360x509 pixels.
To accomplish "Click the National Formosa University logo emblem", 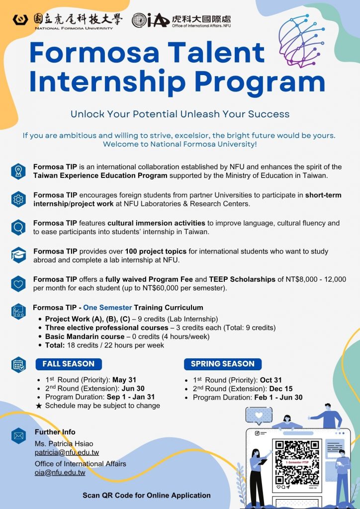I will (x=21, y=20).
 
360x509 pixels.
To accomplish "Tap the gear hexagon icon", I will (x=18, y=199).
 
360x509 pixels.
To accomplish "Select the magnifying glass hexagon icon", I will (x=18, y=227).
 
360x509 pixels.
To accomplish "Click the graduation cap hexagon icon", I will (x=18, y=255).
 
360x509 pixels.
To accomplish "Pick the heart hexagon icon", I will (x=18, y=284).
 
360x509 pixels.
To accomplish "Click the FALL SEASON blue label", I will (x=69, y=364).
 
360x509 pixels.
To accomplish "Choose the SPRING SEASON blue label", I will (x=222, y=364).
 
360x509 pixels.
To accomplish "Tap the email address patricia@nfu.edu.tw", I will (x=60, y=452).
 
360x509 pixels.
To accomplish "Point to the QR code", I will (x=297, y=462).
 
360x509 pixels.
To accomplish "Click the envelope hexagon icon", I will (x=18, y=436).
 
